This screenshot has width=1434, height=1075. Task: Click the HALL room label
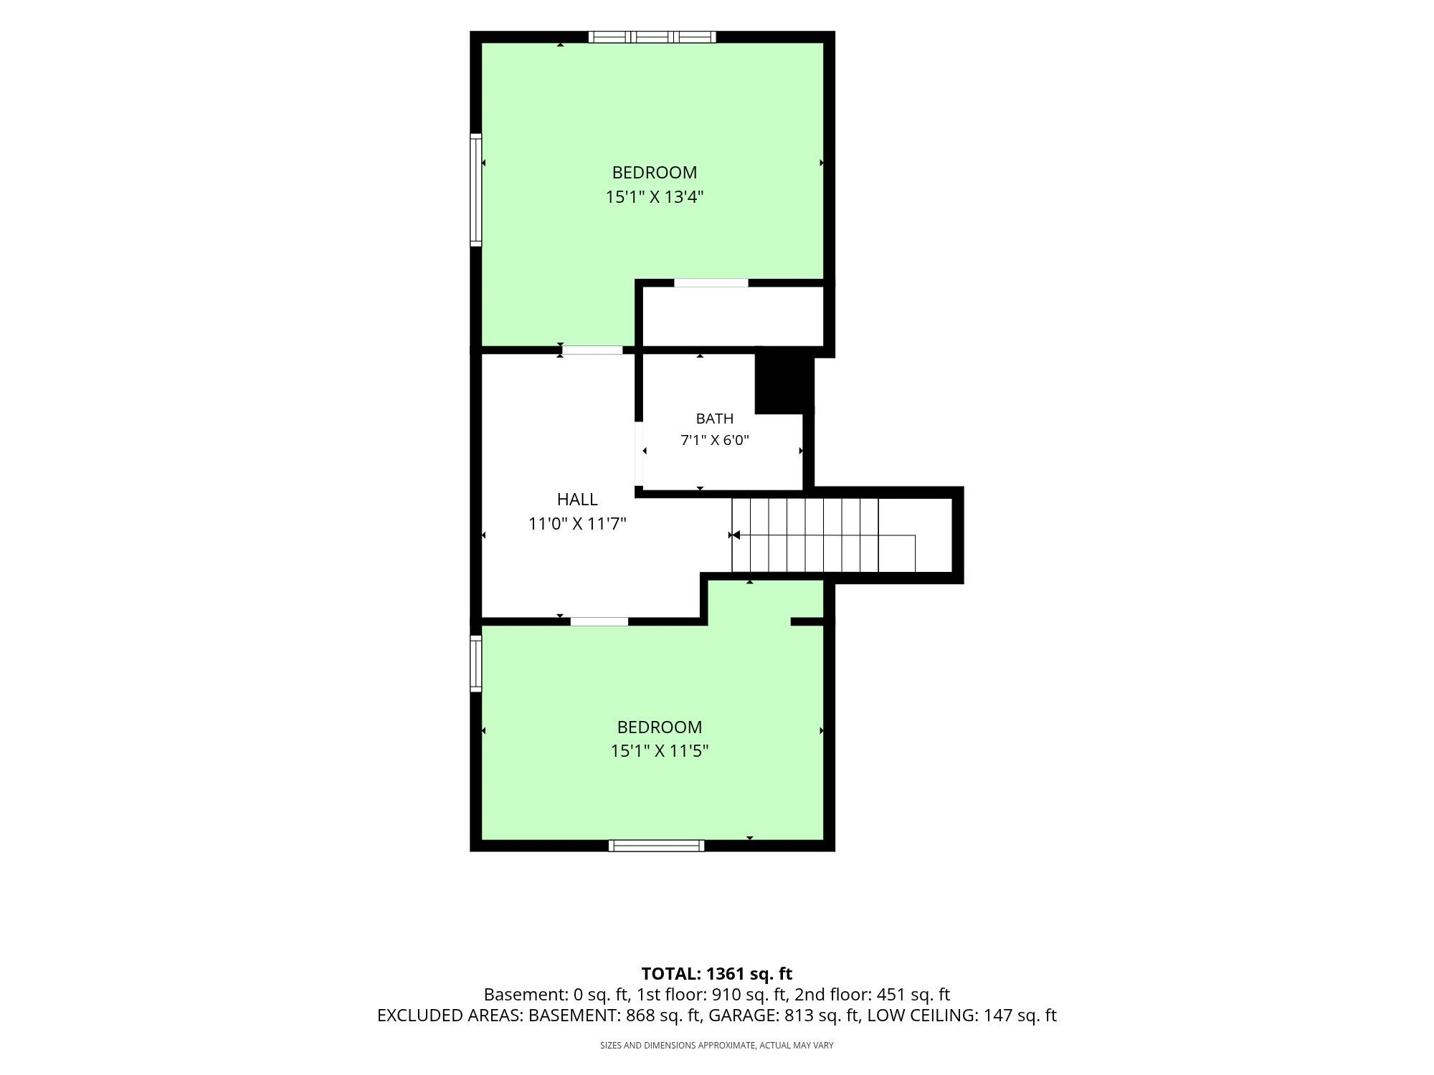click(577, 500)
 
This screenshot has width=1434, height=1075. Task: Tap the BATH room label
click(715, 419)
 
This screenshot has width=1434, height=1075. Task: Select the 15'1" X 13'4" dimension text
click(655, 197)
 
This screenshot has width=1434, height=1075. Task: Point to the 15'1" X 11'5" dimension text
click(660, 751)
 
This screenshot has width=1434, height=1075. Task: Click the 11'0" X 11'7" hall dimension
click(577, 524)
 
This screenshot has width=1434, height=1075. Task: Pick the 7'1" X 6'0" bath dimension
click(715, 440)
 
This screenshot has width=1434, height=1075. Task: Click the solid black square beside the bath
click(785, 385)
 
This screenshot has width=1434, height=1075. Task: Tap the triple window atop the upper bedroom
click(652, 37)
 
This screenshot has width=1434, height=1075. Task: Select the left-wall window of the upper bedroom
click(475, 189)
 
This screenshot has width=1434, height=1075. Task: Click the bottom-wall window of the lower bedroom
click(656, 846)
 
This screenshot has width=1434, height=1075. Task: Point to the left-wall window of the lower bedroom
click(475, 663)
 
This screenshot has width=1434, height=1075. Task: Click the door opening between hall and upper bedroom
click(592, 350)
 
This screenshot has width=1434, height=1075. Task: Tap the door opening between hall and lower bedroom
click(599, 621)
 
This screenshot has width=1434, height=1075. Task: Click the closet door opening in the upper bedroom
click(711, 283)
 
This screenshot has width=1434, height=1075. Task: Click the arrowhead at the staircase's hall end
click(736, 535)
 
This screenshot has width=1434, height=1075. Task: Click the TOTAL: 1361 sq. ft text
click(717, 974)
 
